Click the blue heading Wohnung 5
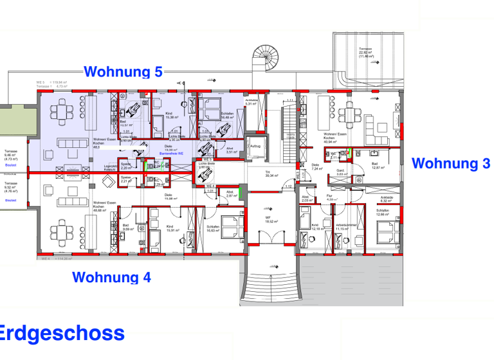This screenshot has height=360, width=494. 123,72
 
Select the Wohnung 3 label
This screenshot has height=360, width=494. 451,163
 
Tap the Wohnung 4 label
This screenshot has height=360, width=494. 111,278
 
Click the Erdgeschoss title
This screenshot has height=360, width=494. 62,333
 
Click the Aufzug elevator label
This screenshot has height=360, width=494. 255,146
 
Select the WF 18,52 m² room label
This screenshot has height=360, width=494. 271,219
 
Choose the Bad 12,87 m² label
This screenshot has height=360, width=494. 378,166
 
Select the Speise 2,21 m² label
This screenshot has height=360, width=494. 125,181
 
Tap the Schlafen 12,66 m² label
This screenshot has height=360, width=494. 383,213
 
